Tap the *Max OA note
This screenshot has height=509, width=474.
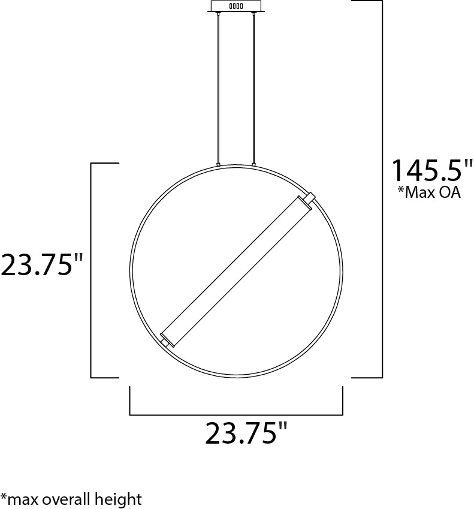[x=429, y=192]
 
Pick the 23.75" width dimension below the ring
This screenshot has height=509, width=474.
[x=246, y=433]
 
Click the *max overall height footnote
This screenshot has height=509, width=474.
[x=71, y=499]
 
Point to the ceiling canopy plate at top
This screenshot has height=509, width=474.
[x=236, y=7]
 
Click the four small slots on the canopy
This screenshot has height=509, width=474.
[x=236, y=6]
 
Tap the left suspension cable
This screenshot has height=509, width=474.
[x=219, y=88]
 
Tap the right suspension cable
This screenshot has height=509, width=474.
[x=253, y=88]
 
